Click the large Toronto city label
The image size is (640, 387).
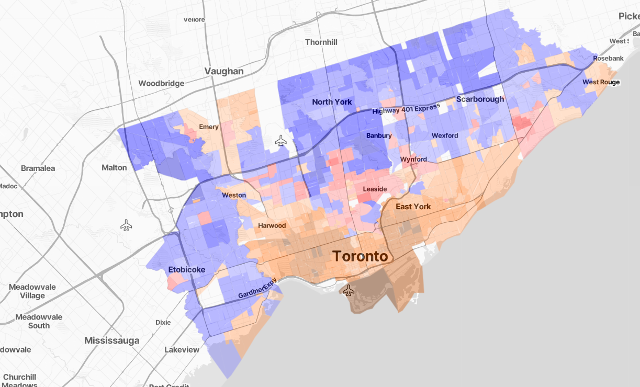tap(360, 256)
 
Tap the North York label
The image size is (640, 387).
tap(332, 102)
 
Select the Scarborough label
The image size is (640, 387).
tap(480, 99)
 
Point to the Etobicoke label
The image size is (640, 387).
tap(187, 270)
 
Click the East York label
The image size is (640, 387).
tap(413, 207)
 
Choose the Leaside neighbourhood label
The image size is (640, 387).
tap(375, 189)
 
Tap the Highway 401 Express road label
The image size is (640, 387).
tap(406, 109)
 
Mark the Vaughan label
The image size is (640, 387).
tap(224, 71)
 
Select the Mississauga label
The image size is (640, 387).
tap(112, 341)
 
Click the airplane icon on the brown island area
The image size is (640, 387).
tap(348, 290)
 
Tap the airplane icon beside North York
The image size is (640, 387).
tap(281, 140)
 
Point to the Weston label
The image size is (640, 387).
tap(234, 195)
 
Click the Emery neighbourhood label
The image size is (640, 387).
tap(209, 127)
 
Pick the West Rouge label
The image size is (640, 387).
tap(601, 82)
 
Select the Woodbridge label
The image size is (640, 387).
tap(161, 83)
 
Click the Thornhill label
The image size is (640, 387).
tap(321, 42)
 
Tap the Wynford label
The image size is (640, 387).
tap(413, 159)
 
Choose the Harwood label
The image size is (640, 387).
tap(272, 225)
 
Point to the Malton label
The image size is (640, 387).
tap(114, 167)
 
